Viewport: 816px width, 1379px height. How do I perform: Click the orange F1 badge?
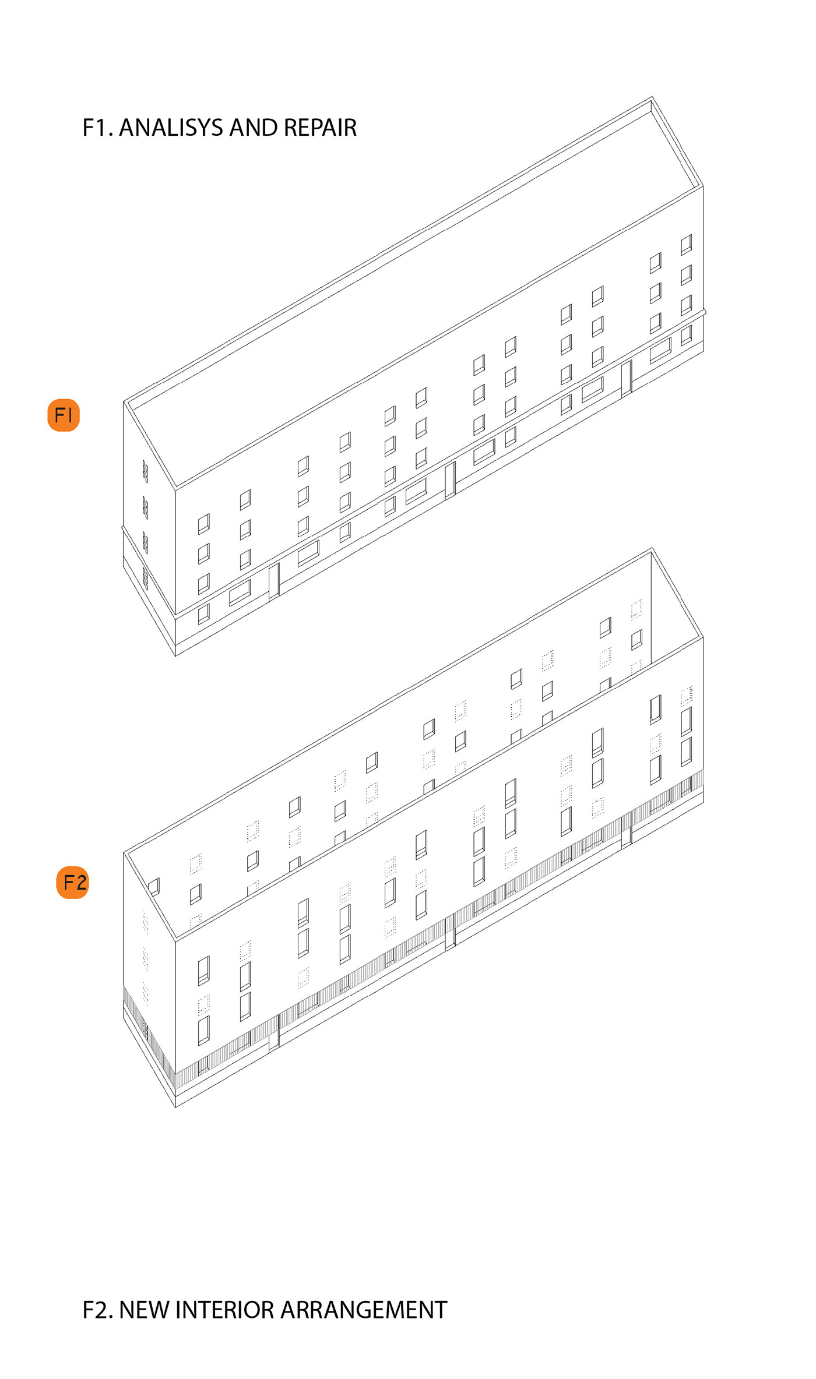[x=64, y=415]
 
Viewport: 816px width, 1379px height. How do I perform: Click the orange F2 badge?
[x=73, y=883]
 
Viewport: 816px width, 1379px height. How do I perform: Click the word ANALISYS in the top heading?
[x=171, y=128]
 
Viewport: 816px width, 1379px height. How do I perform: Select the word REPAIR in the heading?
[x=320, y=128]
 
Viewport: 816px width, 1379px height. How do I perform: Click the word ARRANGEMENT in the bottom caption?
[x=364, y=1310]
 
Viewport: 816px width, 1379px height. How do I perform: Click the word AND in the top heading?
[x=254, y=128]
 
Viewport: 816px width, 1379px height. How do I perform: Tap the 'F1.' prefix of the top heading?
[x=98, y=128]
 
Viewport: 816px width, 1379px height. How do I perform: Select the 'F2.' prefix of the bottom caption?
[x=98, y=1310]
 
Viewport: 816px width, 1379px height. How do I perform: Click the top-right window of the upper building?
[x=687, y=245]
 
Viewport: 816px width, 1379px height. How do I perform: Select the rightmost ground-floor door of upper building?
[x=627, y=378]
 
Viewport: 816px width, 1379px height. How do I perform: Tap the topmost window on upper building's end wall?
[x=145, y=471]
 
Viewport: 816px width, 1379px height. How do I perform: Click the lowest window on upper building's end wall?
[x=145, y=579]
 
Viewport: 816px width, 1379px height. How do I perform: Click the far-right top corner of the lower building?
[x=652, y=548]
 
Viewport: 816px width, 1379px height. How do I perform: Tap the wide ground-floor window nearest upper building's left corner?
[x=240, y=592]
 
